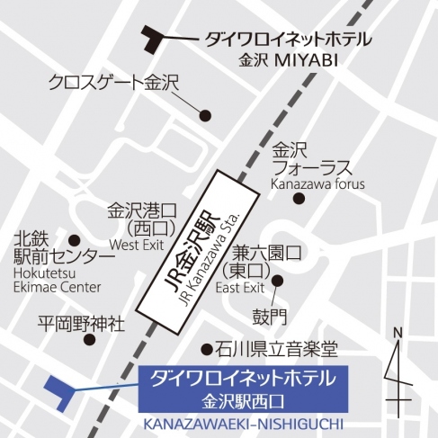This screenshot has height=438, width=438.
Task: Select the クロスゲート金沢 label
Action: [x=115, y=84]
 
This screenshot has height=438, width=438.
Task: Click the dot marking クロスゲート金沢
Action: [x=205, y=115]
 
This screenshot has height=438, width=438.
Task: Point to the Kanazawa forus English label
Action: [x=318, y=184]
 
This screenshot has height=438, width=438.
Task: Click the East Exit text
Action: [x=241, y=288]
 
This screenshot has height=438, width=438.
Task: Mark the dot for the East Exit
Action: [x=277, y=281]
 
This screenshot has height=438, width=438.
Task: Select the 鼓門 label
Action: [x=265, y=317]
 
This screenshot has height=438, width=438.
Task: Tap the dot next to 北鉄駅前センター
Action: [x=75, y=241]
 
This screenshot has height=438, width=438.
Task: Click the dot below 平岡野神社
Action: [x=87, y=340]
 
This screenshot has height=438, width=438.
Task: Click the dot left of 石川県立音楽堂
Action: [x=207, y=348]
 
